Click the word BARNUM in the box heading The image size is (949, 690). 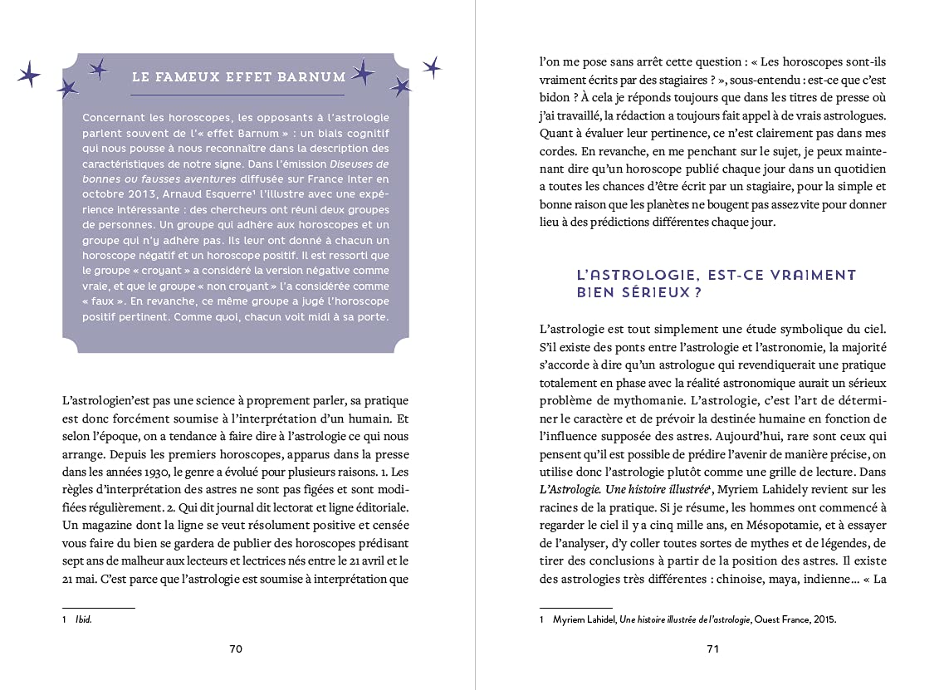point(313,77)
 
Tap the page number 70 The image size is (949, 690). point(236,648)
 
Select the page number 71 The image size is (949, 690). point(712,648)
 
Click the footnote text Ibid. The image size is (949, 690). point(83,619)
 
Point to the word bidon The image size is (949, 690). point(555,97)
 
